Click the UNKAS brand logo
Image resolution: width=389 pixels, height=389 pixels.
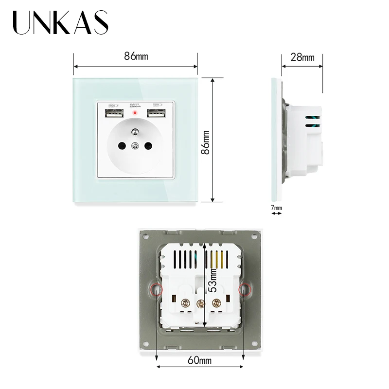61,22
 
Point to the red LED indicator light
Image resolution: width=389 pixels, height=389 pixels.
133,113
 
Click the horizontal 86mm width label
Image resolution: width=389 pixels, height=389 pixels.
136,56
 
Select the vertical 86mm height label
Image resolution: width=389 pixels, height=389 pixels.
207,141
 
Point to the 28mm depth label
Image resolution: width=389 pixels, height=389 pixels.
302,57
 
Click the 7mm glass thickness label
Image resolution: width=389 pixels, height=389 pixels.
276,208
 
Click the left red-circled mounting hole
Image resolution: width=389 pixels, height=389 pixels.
157,289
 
